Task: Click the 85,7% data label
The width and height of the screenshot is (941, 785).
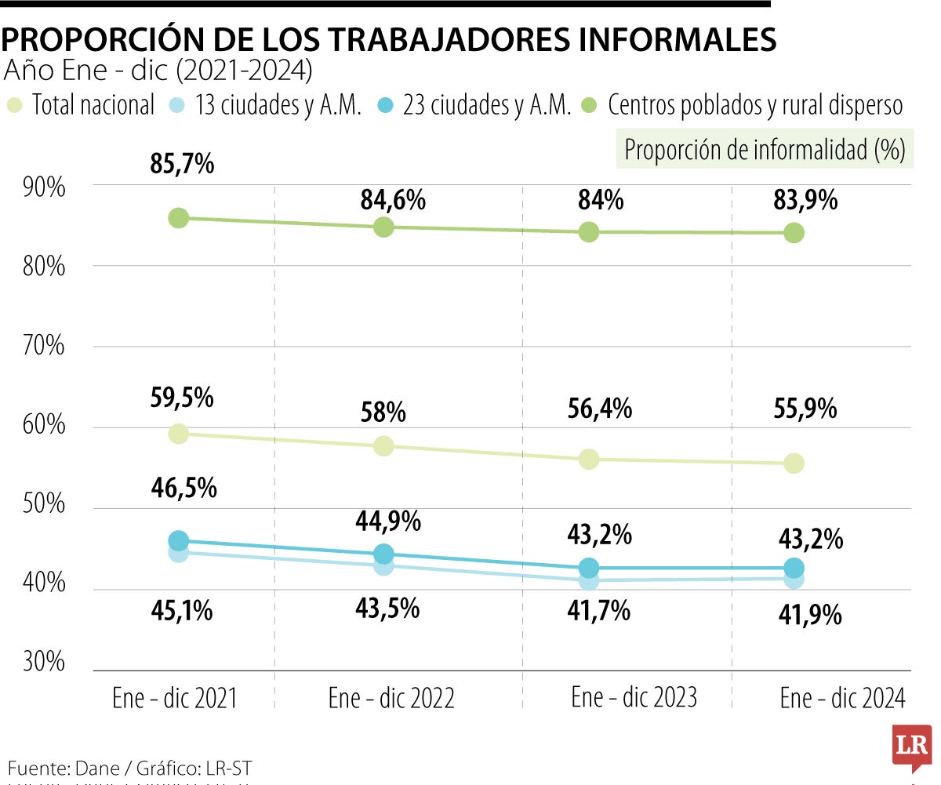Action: click(182, 165)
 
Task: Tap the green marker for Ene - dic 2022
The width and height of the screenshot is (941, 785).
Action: click(383, 227)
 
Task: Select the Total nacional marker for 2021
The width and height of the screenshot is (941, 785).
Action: click(178, 433)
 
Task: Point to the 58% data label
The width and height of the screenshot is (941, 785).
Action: click(383, 411)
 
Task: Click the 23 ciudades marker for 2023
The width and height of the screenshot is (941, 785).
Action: click(589, 568)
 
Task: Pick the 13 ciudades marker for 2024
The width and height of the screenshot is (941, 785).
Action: click(794, 580)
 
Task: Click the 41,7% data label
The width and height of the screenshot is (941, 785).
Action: click(598, 611)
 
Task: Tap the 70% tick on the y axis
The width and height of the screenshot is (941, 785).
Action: click(44, 346)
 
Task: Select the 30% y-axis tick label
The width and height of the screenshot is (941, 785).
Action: click(44, 663)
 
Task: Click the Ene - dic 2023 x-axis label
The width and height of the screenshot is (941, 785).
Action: click(634, 697)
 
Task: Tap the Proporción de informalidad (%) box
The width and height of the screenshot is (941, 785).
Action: click(765, 150)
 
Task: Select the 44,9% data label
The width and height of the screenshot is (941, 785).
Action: click(389, 521)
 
